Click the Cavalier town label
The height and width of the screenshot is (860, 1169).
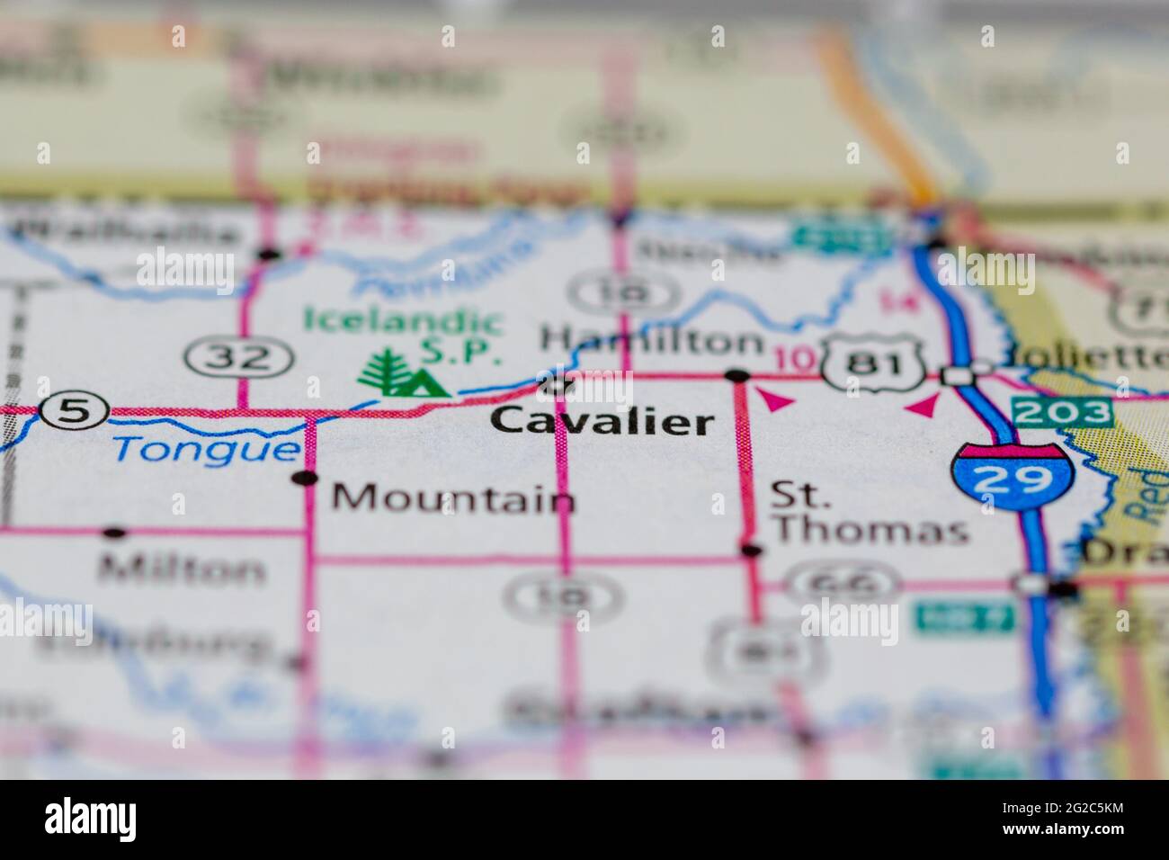click(x=603, y=421)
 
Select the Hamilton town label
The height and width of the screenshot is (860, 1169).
click(x=653, y=341)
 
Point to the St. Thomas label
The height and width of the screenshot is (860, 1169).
click(x=869, y=513)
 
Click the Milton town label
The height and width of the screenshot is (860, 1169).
click(x=183, y=569)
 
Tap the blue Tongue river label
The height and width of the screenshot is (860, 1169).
click(x=206, y=447)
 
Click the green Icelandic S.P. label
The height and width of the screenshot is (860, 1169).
click(x=402, y=333)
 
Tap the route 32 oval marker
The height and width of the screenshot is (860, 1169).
click(x=239, y=359)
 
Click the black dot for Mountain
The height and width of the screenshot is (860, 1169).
click(x=308, y=477)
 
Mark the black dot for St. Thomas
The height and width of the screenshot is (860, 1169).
click(x=751, y=550)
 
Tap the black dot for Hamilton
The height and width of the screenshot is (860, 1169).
click(x=737, y=374)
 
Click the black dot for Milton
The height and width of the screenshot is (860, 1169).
click(x=113, y=533)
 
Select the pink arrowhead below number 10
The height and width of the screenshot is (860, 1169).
click(x=776, y=400)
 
